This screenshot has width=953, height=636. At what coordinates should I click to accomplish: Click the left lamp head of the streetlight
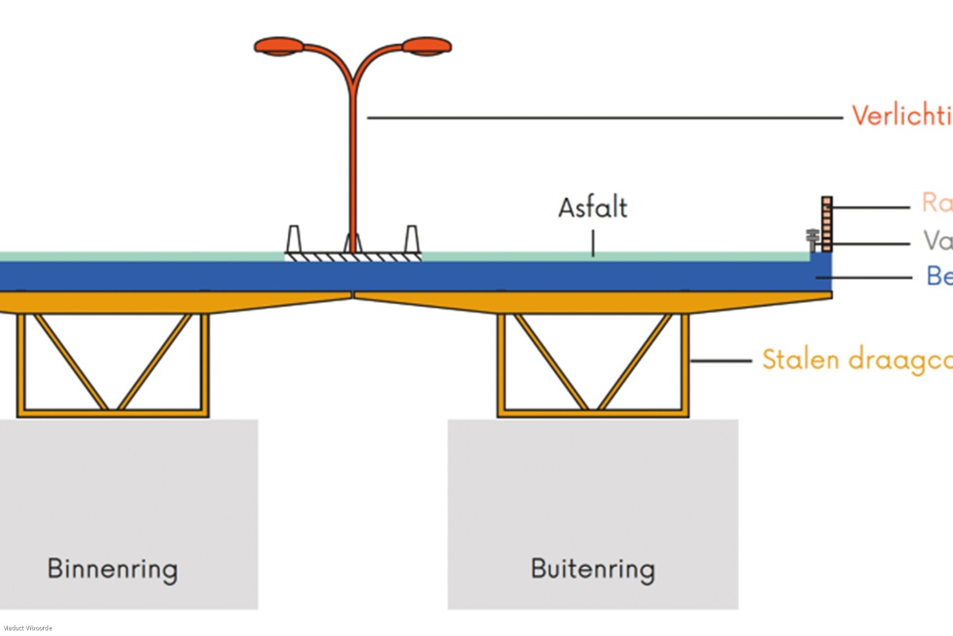279,46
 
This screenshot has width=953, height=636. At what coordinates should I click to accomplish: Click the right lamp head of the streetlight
427,46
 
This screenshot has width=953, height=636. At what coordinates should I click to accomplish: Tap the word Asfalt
593,208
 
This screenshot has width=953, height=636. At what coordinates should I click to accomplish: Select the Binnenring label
112,569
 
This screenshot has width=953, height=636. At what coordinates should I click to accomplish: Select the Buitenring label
593,569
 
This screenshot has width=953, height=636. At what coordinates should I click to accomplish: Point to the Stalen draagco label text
857,360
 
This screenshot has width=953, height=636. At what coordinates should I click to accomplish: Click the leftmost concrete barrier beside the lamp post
293,239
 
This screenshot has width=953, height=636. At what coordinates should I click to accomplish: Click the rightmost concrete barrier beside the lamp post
412,239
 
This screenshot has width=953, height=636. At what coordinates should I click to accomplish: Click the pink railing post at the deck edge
827,224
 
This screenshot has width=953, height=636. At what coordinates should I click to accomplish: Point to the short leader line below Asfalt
593,243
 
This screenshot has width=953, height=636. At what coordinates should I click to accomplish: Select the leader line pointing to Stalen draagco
720,361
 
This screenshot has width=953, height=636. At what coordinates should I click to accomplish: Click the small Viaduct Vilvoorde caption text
27,628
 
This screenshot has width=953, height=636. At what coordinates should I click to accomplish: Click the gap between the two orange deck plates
353,295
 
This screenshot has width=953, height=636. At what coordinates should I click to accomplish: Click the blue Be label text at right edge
939,277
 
